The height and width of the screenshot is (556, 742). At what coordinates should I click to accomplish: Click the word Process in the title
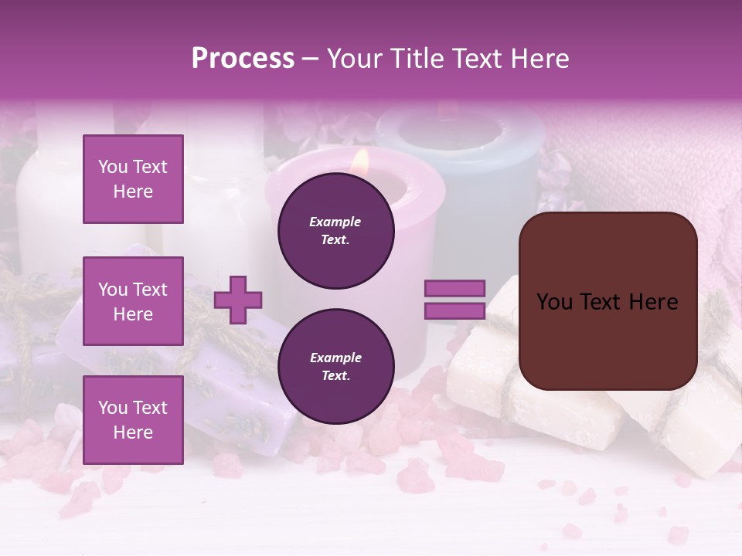click(x=243, y=59)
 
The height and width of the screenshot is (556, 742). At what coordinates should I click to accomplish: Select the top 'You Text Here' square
click(x=133, y=179)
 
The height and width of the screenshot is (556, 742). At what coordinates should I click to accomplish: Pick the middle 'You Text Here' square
click(x=133, y=301)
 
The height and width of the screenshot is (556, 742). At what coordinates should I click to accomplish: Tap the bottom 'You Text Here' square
click(x=133, y=420)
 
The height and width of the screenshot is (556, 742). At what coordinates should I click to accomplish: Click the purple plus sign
click(x=238, y=299)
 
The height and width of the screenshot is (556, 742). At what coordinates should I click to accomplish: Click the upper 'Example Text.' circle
click(x=335, y=231)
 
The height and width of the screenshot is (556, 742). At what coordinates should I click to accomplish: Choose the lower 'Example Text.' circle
click(x=335, y=367)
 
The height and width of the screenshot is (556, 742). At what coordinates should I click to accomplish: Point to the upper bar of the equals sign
click(x=454, y=289)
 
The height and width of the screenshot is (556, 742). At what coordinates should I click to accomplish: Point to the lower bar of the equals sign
click(x=454, y=310)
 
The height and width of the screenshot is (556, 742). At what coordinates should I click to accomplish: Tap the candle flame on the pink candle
click(x=359, y=161)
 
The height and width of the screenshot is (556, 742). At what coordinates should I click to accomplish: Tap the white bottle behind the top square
click(x=46, y=201)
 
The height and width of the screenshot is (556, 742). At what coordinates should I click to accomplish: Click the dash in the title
click(x=310, y=59)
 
